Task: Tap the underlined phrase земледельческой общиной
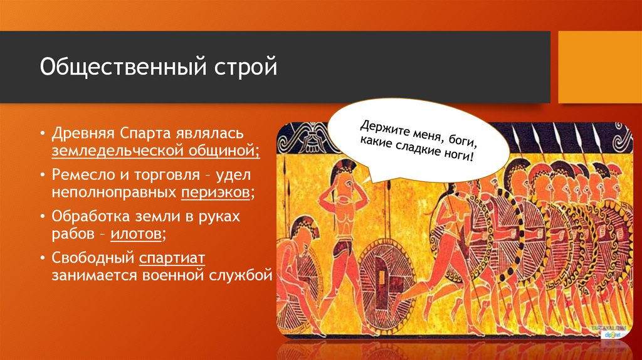click(155, 151)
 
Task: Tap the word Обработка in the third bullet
click(88, 216)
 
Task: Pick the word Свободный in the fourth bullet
click(93, 258)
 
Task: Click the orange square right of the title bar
click(600, 67)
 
